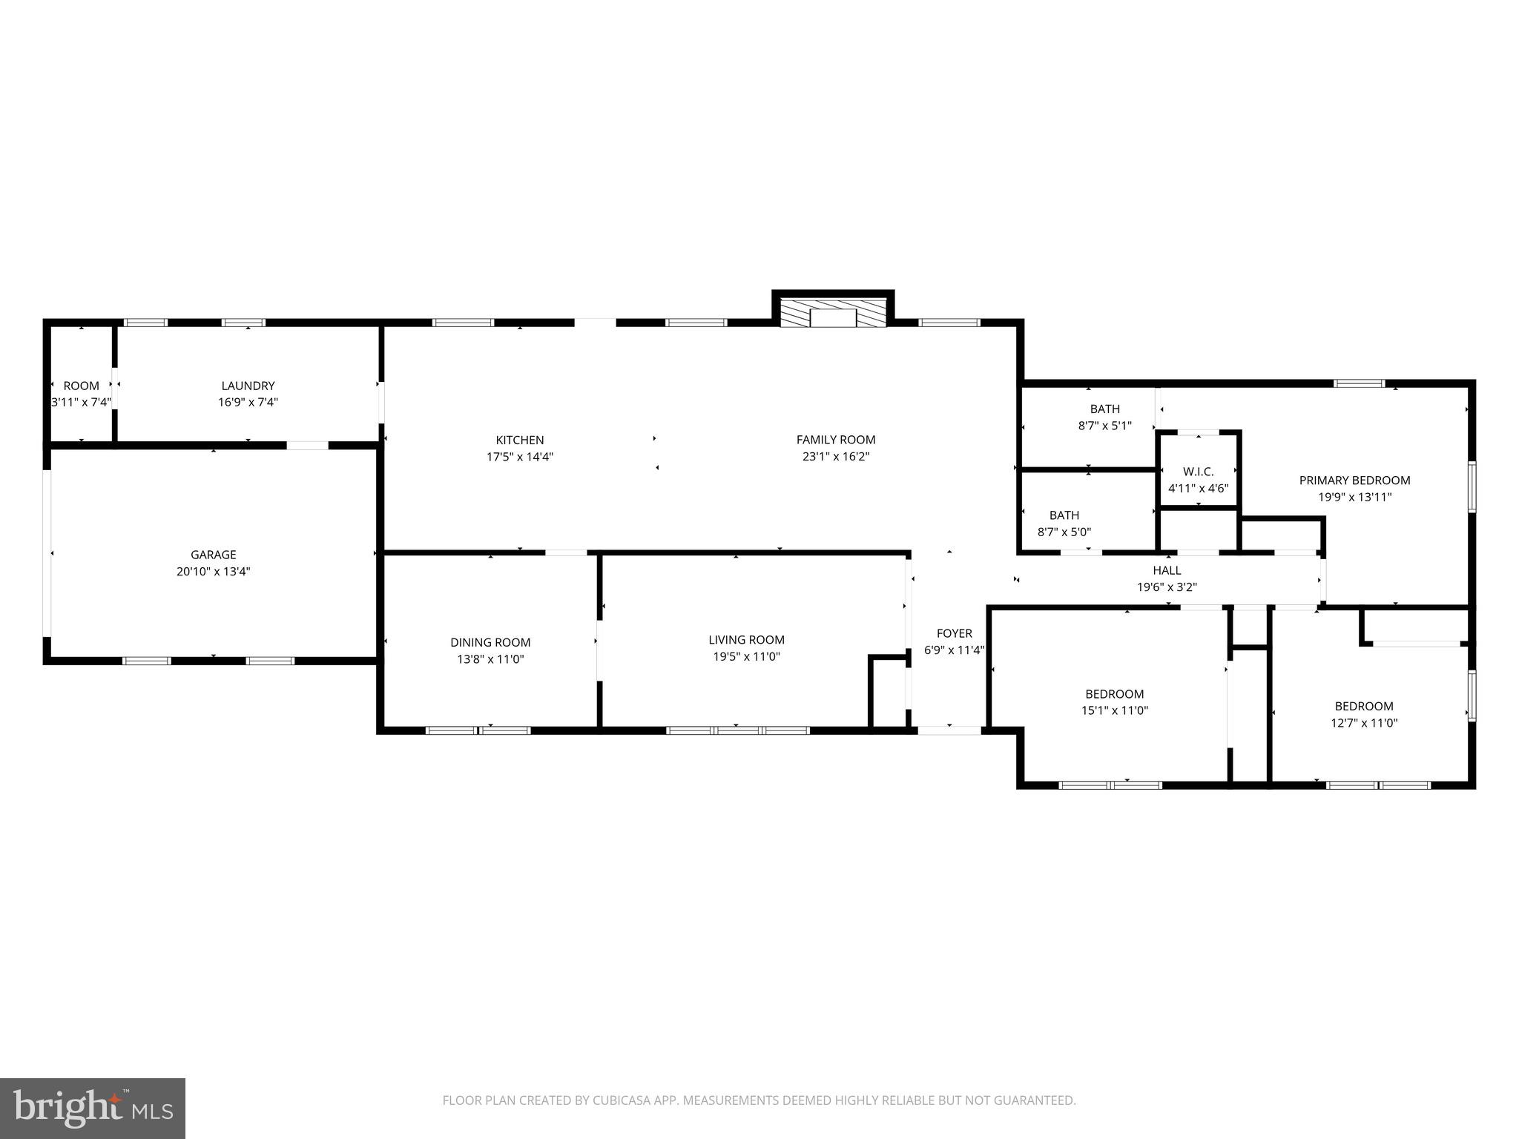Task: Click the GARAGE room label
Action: click(213, 555)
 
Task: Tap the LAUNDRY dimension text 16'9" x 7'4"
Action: click(248, 403)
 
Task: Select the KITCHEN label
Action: click(519, 440)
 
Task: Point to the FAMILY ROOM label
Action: click(835, 440)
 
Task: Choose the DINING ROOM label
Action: click(490, 642)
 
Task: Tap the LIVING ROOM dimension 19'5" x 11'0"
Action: click(746, 656)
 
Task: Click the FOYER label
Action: click(954, 633)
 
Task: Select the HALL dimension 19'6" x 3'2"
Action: click(1167, 587)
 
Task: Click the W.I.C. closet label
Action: click(1198, 472)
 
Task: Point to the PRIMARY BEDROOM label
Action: click(1354, 481)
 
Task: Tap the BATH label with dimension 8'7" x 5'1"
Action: click(1104, 409)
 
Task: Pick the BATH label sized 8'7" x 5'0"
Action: click(1064, 515)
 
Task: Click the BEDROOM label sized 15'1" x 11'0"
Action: click(1114, 694)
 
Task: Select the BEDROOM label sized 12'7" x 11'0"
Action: click(1363, 706)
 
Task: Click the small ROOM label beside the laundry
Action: click(81, 386)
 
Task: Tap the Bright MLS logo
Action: click(93, 1108)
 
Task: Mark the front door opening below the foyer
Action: click(949, 730)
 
